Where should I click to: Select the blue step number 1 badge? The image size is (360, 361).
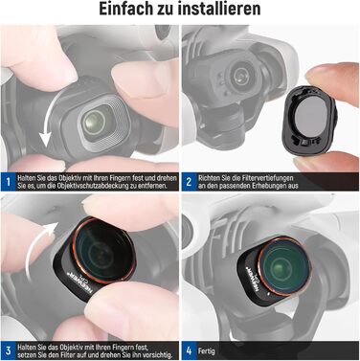pyautogui.click(x=8, y=181)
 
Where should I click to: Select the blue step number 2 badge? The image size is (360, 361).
pyautogui.click(x=191, y=181)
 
